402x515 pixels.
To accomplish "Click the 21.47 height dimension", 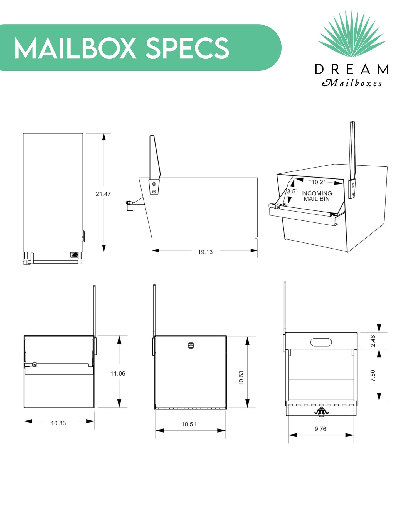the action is click(103, 194).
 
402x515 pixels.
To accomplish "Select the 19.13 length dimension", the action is click(205, 252).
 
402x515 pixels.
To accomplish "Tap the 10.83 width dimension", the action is click(58, 423).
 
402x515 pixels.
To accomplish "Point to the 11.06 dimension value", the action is click(118, 374).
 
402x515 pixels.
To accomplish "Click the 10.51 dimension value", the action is click(189, 424).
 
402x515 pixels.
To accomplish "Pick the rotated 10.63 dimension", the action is click(241, 378).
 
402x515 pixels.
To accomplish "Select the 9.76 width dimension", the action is click(320, 429).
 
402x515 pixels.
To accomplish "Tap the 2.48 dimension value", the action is click(373, 341).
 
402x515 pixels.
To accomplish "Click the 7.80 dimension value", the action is click(373, 376).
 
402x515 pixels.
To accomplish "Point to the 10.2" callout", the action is click(318, 182).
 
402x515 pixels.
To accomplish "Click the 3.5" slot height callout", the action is click(292, 192).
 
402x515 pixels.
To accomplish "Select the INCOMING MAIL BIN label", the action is click(317, 196).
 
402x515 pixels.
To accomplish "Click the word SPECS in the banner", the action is click(188, 48).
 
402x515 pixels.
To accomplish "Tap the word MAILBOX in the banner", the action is click(75, 48).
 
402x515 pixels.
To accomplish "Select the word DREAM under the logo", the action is click(352, 69).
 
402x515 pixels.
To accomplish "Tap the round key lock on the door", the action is click(191, 345).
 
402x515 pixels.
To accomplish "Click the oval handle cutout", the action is click(321, 342).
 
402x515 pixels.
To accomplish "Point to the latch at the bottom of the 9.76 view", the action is click(321, 412).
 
